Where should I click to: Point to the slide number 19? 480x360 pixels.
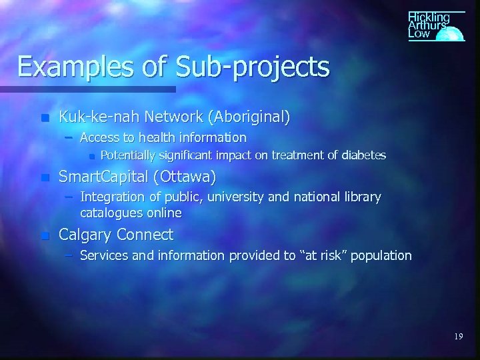click(458, 337)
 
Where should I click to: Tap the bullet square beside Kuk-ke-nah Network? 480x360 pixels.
click(44, 118)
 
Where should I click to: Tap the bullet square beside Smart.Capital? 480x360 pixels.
click(44, 179)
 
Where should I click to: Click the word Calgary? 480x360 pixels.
click(85, 235)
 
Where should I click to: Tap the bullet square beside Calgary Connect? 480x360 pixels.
click(44, 235)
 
